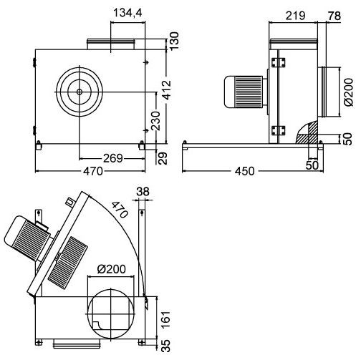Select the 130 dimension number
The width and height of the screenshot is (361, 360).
click(x=173, y=40)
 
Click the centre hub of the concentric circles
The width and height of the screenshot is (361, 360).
click(x=78, y=93)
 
